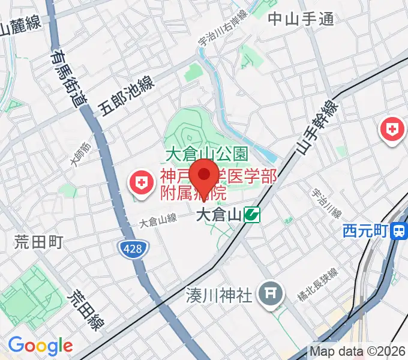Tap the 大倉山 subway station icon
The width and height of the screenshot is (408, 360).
click(252, 214)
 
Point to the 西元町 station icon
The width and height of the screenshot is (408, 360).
click(398, 230)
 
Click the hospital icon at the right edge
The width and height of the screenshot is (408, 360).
click(392, 130)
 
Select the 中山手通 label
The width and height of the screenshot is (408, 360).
click(301, 19)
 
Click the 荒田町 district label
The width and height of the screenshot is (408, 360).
click(39, 242)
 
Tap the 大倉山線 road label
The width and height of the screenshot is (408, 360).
click(158, 221)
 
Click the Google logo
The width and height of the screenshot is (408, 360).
click(40, 346)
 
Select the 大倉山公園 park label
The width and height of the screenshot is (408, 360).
click(206, 154)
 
